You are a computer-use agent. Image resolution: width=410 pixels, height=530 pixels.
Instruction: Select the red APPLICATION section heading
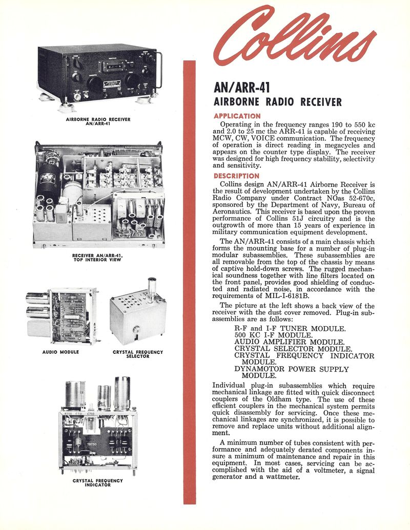pyautogui.click(x=237, y=116)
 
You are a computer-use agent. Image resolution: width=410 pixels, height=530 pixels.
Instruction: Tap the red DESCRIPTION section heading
pyautogui.click(x=236, y=176)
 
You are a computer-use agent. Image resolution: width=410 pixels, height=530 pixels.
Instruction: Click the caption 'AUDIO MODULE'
pyautogui.click(x=60, y=352)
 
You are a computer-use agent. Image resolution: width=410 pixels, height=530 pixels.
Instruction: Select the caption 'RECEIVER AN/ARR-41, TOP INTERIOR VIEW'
pyautogui.click(x=97, y=257)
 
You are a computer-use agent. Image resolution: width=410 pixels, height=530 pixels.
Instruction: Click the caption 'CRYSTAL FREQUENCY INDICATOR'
pyautogui.click(x=97, y=482)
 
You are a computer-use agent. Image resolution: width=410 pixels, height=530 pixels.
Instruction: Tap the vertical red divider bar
pyautogui.click(x=190, y=282)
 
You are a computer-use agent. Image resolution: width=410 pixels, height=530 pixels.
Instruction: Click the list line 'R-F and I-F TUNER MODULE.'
pyautogui.click(x=290, y=328)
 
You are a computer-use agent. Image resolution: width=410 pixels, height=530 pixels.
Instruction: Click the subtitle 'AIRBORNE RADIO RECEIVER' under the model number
pyautogui.click(x=277, y=102)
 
